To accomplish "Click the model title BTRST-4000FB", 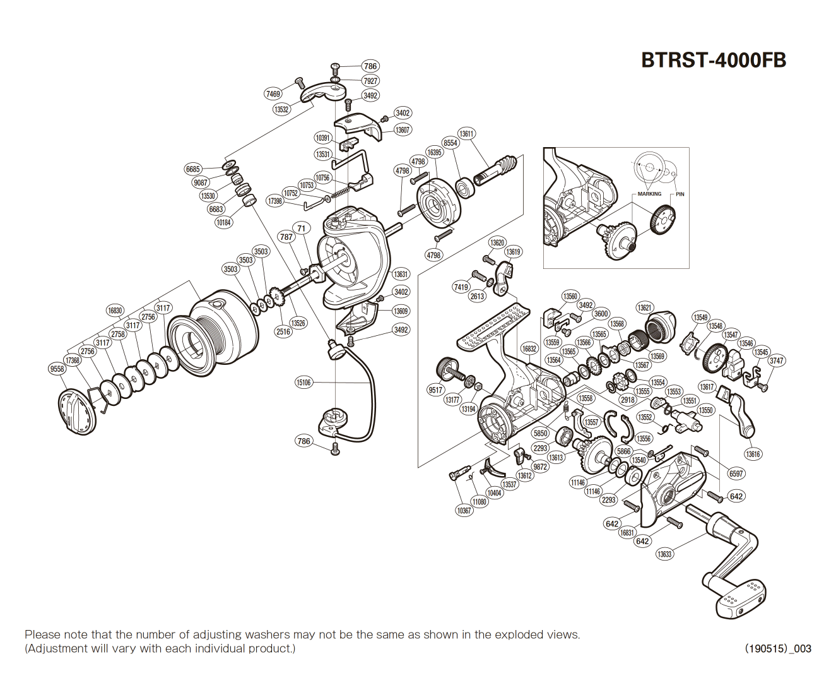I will (713, 60).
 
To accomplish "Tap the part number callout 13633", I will (664, 554).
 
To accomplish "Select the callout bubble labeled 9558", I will (57, 369).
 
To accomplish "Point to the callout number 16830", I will (115, 311).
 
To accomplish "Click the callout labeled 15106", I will (303, 383).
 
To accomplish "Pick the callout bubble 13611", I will (466, 134).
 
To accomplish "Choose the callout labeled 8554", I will (450, 143).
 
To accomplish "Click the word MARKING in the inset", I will (649, 194).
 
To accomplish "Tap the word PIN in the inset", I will (680, 194).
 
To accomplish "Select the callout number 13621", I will (644, 308).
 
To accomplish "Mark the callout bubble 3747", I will (776, 361).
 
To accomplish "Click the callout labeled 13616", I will (753, 454).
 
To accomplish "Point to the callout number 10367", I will (464, 511).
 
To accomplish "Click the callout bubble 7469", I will (273, 94).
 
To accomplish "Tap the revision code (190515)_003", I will (778, 648).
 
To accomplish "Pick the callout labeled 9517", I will (435, 390).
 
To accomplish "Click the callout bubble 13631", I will (401, 275).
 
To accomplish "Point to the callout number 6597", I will (736, 473).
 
